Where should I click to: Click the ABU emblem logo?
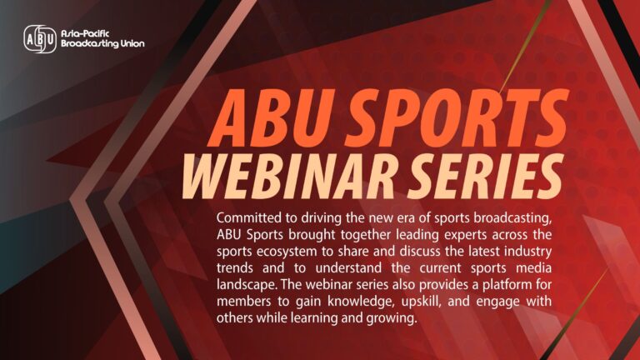coord(40,39)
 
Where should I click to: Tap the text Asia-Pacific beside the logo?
coord(85,34)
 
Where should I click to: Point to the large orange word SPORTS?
coord(458,117)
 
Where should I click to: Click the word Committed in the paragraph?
coord(249,218)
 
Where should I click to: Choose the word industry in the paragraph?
coord(527,252)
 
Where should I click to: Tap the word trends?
coord(235,268)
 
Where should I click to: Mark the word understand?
coord(348,268)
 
